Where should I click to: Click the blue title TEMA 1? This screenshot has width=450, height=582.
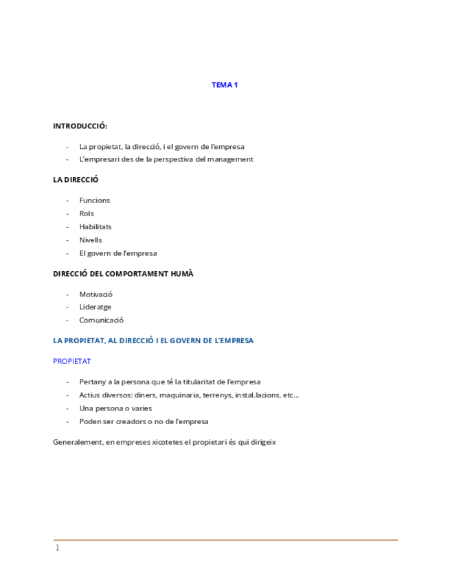click(225, 85)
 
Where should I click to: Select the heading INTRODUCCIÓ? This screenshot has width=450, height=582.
click(80, 126)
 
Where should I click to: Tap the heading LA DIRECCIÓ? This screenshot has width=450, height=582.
click(76, 180)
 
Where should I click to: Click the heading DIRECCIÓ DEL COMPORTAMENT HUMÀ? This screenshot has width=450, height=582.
click(123, 274)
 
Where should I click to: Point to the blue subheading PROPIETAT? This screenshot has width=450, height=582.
click(71, 361)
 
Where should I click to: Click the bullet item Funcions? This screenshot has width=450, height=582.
click(94, 200)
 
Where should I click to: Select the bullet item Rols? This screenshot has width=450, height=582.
click(87, 213)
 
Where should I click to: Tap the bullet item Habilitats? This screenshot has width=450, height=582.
click(95, 226)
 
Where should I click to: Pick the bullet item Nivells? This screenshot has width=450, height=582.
click(91, 240)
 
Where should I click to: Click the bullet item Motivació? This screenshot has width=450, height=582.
click(95, 294)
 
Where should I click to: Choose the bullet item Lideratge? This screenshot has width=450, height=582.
click(95, 307)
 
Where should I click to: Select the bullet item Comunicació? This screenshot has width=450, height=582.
click(101, 320)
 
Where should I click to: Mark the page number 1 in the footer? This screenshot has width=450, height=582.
click(58, 548)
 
